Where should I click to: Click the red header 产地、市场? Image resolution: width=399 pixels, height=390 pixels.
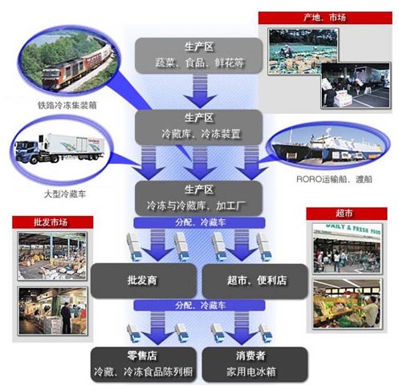coord(325,18)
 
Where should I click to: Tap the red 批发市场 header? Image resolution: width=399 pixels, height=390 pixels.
coord(52,222)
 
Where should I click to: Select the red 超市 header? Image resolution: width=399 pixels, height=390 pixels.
coord(347,213)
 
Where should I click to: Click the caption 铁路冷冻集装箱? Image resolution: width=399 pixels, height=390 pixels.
coord(67,105)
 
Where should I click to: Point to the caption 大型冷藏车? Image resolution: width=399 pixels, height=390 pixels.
coord(65,194)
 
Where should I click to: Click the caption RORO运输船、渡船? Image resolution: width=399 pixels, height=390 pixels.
coord(334,179)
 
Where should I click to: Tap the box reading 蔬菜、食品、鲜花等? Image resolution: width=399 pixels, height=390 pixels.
coord(198,55)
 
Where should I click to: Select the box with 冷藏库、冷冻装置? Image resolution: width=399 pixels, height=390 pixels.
coord(198,127)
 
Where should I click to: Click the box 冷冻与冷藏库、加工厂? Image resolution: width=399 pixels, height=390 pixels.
coord(198,198)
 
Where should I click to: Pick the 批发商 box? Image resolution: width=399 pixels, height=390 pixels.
coord(144,281)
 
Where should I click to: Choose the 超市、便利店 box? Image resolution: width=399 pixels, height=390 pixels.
coord(254,281)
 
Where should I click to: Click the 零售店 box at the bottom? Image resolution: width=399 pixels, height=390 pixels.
coord(144,364)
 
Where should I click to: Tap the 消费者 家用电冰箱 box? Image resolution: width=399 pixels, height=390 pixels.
coord(254,364)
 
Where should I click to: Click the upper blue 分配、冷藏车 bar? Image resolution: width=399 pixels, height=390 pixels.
coord(199,222)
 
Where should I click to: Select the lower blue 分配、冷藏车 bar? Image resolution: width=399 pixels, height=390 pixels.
coord(199,305)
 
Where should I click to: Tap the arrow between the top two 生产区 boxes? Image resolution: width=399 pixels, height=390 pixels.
coord(200,91)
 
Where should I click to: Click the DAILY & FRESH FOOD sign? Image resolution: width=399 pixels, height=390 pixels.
coord(352,229)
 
